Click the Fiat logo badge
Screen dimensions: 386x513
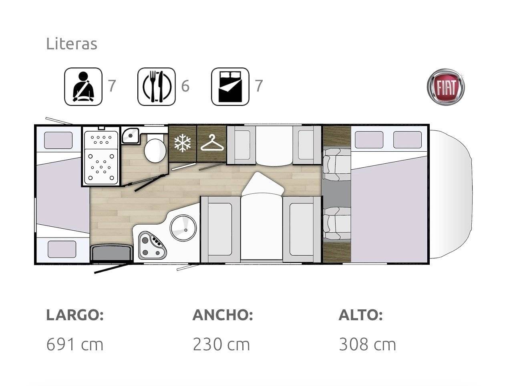(445, 87)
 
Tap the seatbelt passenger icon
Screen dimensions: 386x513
(83, 87)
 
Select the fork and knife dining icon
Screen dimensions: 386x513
(157, 87)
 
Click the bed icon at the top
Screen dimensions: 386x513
(230, 87)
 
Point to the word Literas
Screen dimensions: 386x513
(72, 44)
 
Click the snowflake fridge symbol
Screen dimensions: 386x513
(182, 143)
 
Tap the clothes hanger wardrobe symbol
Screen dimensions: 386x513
(212, 143)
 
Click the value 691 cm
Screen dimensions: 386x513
(75, 345)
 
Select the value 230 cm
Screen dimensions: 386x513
(221, 345)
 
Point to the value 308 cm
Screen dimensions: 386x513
(367, 345)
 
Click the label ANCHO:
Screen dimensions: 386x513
(223, 315)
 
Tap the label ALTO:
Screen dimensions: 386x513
(361, 315)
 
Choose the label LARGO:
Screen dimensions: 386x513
(75, 315)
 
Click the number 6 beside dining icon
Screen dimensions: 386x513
(185, 86)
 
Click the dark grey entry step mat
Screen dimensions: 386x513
(111, 253)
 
